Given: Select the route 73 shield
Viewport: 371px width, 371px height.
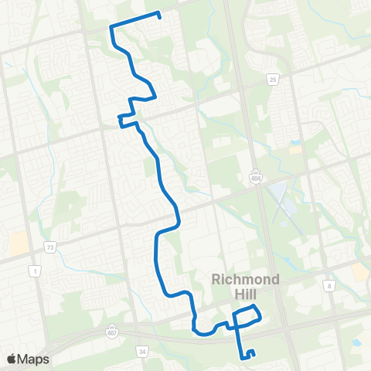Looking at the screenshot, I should point(51,247).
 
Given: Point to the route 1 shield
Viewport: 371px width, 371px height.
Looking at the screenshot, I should point(34,270).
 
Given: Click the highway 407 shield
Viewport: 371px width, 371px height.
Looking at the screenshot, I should point(107,332).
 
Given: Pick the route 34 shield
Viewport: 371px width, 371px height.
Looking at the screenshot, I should point(141,352).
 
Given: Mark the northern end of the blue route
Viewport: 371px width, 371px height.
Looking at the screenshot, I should point(158,14).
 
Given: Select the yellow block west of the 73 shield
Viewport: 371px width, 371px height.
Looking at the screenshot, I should point(18,245).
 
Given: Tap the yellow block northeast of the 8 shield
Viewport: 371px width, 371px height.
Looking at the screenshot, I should point(360,271).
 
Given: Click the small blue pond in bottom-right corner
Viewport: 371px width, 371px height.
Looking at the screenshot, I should point(358,340).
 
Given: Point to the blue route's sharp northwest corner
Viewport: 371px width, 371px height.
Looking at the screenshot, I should point(112,28).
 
